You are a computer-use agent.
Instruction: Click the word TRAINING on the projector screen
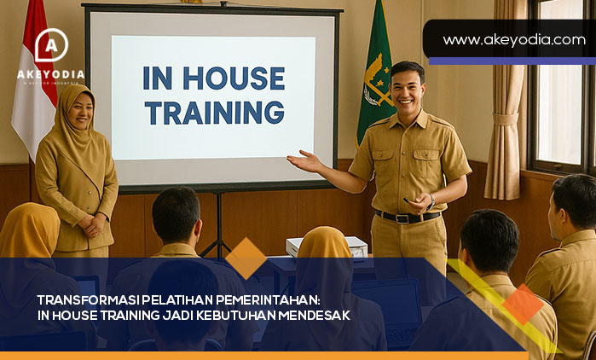coord(214,112)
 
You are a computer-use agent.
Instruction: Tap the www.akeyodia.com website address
coord(513,39)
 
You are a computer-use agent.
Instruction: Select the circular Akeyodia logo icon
coord(51,46)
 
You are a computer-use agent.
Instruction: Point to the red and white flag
coord(32,85)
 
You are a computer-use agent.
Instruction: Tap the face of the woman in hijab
coord(78,109)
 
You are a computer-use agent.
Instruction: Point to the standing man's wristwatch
coord(431,201)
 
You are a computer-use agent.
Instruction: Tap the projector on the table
coord(327,247)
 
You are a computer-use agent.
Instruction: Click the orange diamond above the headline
coord(246,258)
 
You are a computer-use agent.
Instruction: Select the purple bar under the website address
coord(512,61)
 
